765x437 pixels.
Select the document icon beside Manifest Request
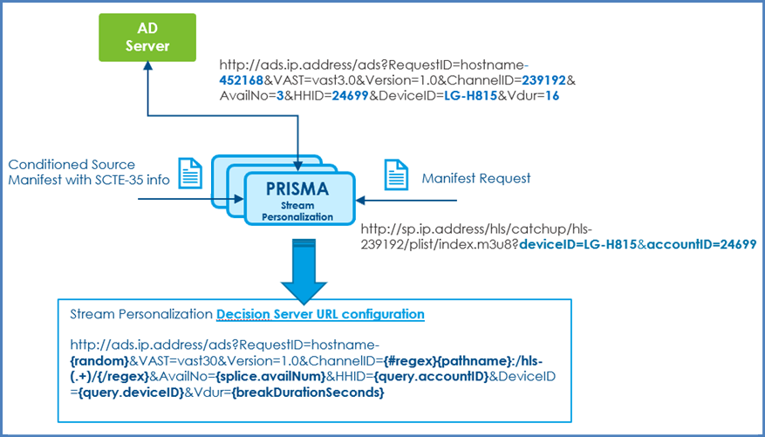click(394, 177)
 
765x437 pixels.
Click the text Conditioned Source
click(72, 165)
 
